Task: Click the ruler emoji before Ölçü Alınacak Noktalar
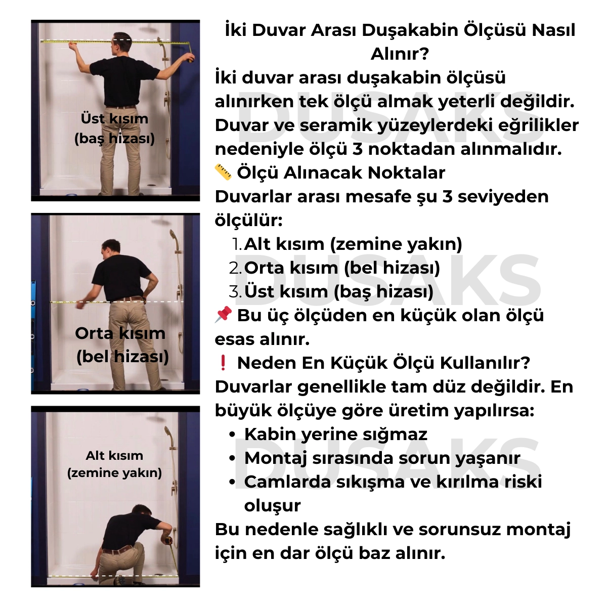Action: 223,172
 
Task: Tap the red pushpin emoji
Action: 223,315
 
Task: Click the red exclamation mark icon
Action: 223,363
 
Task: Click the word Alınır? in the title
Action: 400,54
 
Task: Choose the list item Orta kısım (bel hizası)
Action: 342,268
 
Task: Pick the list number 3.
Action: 235,292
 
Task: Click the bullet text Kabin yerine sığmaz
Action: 335,435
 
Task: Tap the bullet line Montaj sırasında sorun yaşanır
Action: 382,458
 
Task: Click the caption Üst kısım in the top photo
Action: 114,119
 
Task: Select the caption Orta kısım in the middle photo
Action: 120,333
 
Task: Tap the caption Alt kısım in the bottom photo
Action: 114,456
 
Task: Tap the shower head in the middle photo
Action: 174,236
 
